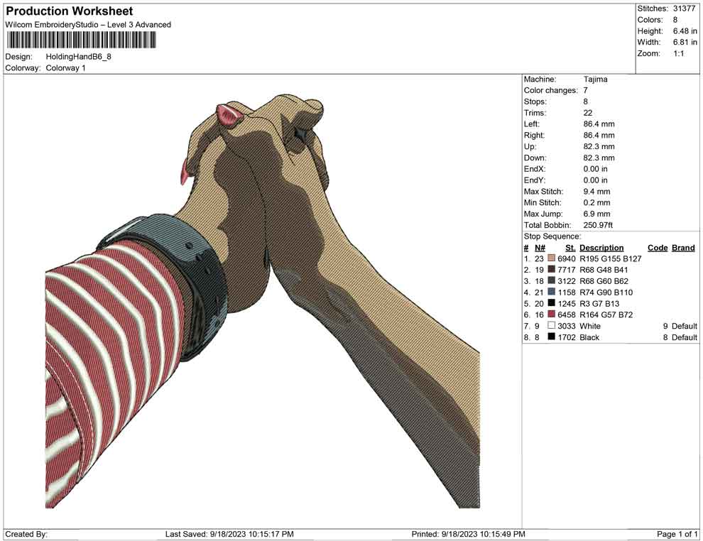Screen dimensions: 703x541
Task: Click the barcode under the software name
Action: click(x=81, y=40)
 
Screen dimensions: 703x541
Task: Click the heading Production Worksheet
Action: click(x=70, y=11)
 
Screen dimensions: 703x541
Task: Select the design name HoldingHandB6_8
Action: click(x=78, y=57)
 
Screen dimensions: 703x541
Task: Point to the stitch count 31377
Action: click(x=684, y=9)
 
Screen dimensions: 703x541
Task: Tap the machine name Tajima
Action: click(x=595, y=80)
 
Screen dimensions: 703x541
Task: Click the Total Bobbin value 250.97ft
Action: click(x=598, y=225)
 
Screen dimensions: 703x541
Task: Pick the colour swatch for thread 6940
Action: click(x=552, y=258)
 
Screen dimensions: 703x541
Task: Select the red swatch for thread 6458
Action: click(x=552, y=315)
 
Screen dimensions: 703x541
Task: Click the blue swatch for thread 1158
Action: click(x=552, y=292)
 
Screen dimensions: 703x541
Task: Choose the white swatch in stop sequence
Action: click(x=552, y=325)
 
